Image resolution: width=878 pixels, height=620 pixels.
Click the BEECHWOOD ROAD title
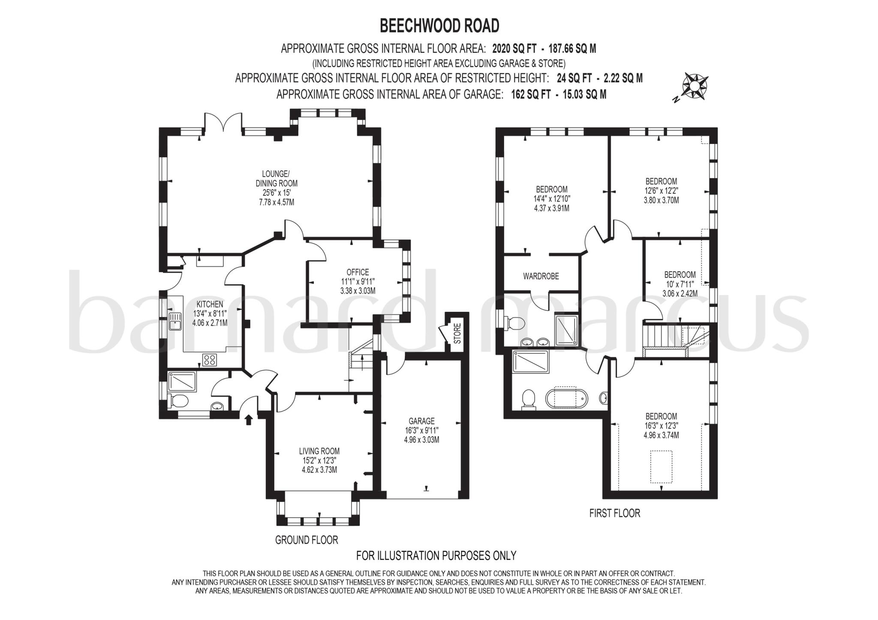tap(439, 26)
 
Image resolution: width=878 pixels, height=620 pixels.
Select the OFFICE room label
tap(358, 272)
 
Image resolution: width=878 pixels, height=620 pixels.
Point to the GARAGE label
tap(421, 421)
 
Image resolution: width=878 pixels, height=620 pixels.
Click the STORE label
tap(457, 334)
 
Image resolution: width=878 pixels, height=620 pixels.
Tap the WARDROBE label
tap(541, 277)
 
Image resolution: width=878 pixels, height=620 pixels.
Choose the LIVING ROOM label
tap(319, 451)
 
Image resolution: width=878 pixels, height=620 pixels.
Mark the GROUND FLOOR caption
tap(307, 540)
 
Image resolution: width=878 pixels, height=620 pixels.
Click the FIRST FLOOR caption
tap(615, 513)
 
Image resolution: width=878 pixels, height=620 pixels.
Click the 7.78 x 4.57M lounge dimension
tap(277, 202)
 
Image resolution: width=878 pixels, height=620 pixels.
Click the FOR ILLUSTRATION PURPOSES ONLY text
tap(436, 556)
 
